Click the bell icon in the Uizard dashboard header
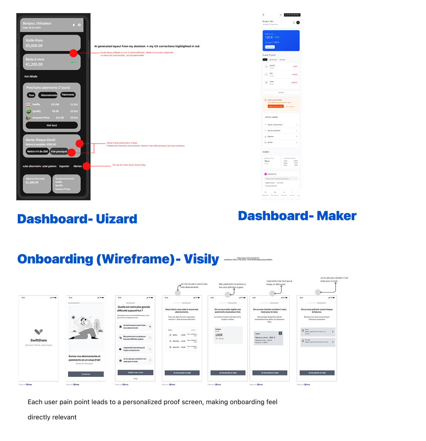pyautogui.click(x=74, y=25)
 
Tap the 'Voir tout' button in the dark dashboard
pyautogui.click(x=52, y=125)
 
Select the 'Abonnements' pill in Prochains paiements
pyautogui.click(x=49, y=95)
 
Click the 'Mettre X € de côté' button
pyautogui.click(x=37, y=151)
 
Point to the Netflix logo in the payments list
pyautogui.click(x=28, y=105)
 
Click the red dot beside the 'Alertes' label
pyautogui.click(x=86, y=166)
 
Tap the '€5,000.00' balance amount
pyautogui.click(x=34, y=46)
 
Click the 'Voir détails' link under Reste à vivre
pyautogui.click(x=31, y=77)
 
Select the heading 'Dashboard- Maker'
pyautogui.click(x=297, y=216)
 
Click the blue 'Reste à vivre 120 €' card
pyautogui.click(x=281, y=40)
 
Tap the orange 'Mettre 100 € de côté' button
pyautogui.click(x=276, y=106)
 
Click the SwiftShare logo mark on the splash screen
pyautogui.click(x=39, y=332)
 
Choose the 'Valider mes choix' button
pyautogui.click(x=135, y=373)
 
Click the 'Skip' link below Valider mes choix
pyautogui.click(x=135, y=379)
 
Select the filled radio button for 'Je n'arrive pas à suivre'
pyautogui.click(x=150, y=326)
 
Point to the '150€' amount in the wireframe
pyautogui.click(x=219, y=335)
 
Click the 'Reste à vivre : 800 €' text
pyautogui.click(x=265, y=337)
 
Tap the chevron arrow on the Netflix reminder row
pyautogui.click(x=333, y=332)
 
